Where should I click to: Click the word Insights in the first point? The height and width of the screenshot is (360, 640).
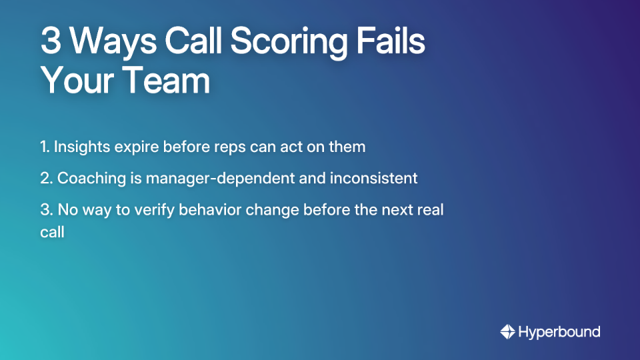click(79, 147)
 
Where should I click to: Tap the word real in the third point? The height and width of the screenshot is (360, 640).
click(430, 210)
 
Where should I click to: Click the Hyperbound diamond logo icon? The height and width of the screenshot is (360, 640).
click(507, 331)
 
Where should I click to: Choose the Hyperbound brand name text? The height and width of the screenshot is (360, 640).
click(559, 332)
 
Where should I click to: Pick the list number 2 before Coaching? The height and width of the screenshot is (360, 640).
click(45, 179)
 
